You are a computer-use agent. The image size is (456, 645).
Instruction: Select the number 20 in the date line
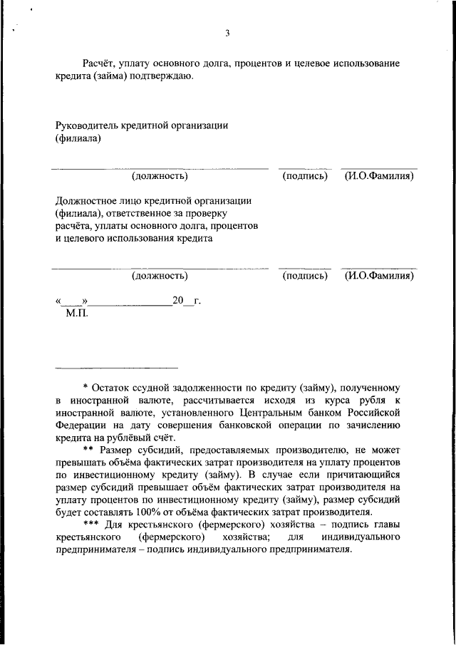tap(178, 301)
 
